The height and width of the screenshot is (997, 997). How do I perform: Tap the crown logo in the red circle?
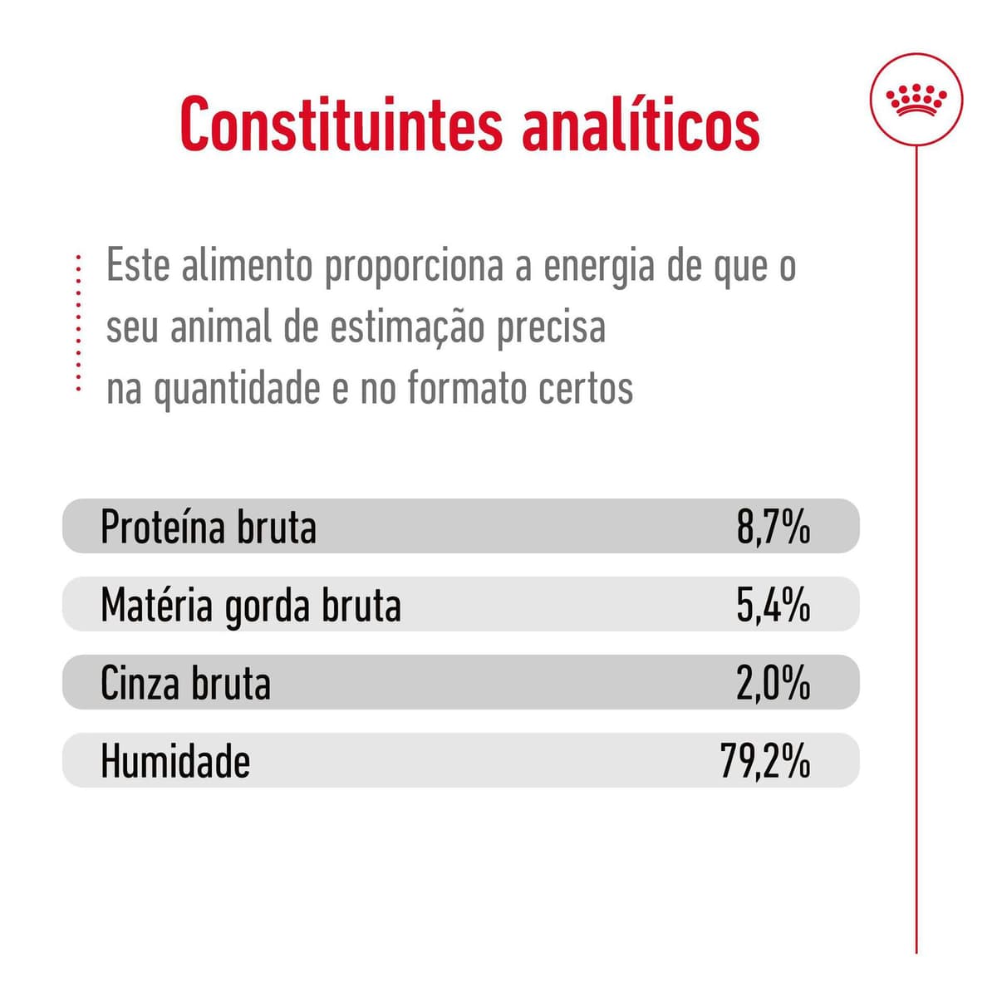(916, 99)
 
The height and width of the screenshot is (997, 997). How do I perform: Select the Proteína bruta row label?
(208, 527)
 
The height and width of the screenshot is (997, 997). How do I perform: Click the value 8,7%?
(773, 527)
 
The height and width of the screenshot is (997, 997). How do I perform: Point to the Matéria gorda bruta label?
(250, 605)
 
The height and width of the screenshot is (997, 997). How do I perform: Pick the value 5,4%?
(773, 605)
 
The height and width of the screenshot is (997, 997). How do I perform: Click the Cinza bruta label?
(185, 683)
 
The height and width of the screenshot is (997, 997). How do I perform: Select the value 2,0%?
(773, 683)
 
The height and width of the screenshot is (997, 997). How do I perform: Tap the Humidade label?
(174, 761)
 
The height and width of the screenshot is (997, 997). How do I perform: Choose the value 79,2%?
(764, 761)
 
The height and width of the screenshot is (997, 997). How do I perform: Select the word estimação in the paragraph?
(407, 327)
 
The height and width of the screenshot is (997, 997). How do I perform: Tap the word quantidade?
(237, 389)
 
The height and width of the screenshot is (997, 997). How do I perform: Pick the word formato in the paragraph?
(464, 387)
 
